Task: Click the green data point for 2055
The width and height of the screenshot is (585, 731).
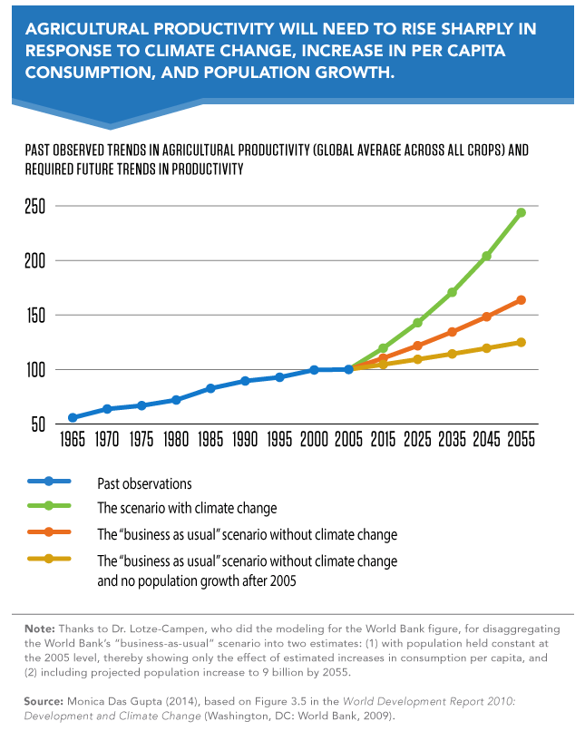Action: (x=521, y=213)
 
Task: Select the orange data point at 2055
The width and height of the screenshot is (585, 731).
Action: (x=521, y=300)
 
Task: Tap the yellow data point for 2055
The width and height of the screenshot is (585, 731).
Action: (x=521, y=342)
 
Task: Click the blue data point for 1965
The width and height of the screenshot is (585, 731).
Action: (x=72, y=418)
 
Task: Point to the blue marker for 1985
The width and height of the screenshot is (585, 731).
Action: (x=210, y=388)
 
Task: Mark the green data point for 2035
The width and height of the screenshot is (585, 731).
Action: (x=452, y=292)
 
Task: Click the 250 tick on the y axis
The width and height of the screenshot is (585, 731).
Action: (x=34, y=206)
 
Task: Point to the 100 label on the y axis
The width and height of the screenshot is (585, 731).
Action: (x=34, y=370)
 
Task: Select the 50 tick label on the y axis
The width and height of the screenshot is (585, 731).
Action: (x=37, y=424)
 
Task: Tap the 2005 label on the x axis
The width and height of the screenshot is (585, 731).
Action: (x=348, y=442)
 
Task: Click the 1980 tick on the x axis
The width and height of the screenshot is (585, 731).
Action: (x=176, y=442)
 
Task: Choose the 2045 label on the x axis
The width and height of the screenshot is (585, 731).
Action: (x=486, y=442)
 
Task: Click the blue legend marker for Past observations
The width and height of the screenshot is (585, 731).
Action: (x=51, y=482)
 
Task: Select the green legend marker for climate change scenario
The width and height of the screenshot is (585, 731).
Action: (x=51, y=507)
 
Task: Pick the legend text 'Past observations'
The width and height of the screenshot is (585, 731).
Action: (x=144, y=483)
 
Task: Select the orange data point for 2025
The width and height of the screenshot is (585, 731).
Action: (x=417, y=346)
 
